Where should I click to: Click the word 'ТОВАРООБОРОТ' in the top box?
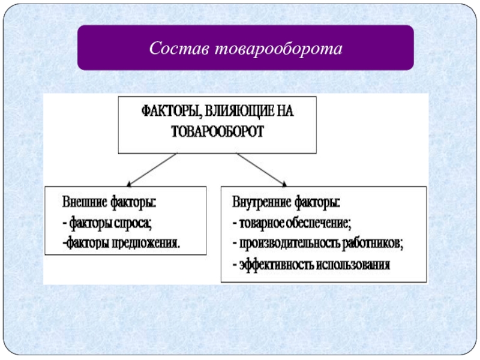pyautogui.click(x=217, y=131)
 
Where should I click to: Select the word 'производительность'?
pyautogui.click(x=290, y=244)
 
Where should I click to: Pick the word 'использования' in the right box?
pyautogui.click(x=355, y=264)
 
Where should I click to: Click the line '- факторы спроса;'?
pyautogui.click(x=107, y=223)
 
